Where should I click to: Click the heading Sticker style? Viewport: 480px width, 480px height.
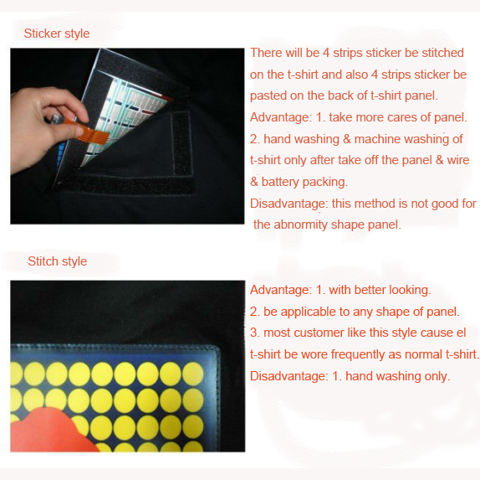[57, 34]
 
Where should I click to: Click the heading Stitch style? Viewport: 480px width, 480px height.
[57, 261]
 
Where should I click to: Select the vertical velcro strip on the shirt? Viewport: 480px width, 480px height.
[181, 143]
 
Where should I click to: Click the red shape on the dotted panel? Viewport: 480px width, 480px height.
[49, 430]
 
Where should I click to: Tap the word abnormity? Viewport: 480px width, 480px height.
[301, 225]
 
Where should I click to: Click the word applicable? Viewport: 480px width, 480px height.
[309, 312]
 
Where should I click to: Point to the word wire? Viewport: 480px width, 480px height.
[458, 160]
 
